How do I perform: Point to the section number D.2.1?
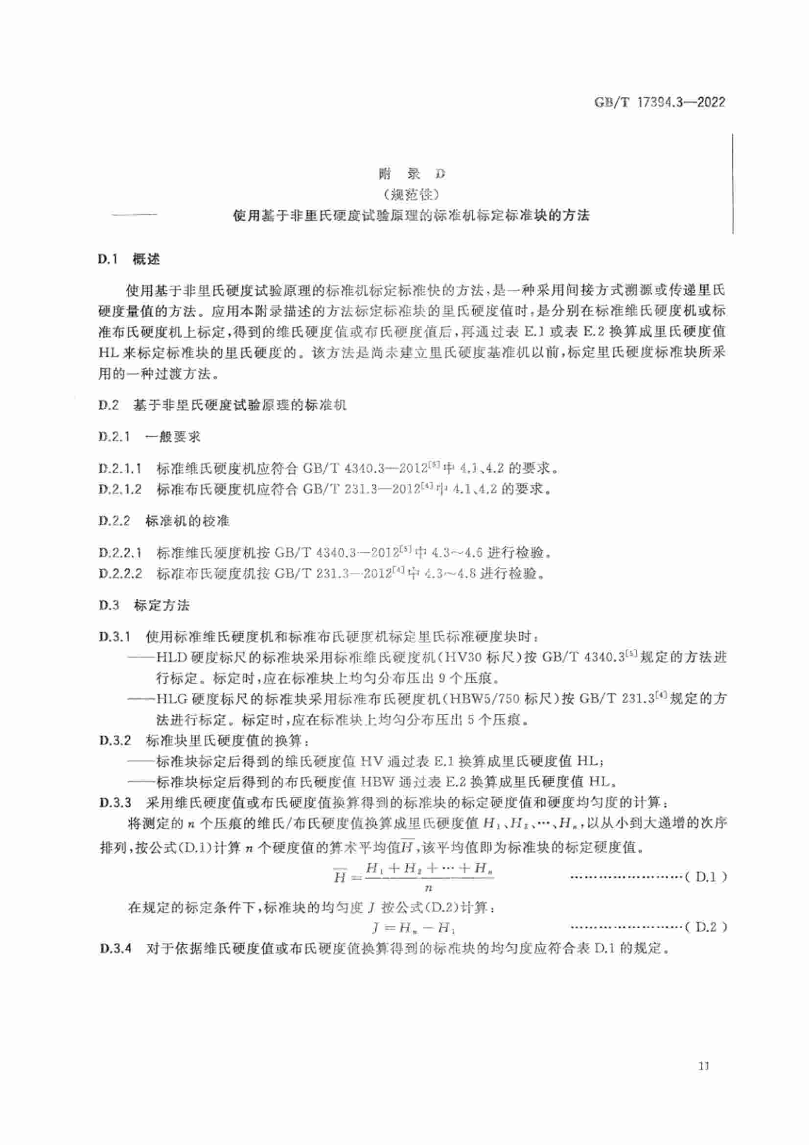114,437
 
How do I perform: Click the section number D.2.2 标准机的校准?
114,521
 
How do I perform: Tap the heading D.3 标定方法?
144,606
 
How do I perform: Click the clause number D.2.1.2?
120,489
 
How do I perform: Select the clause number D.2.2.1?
120,553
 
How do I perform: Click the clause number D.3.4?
115,948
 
